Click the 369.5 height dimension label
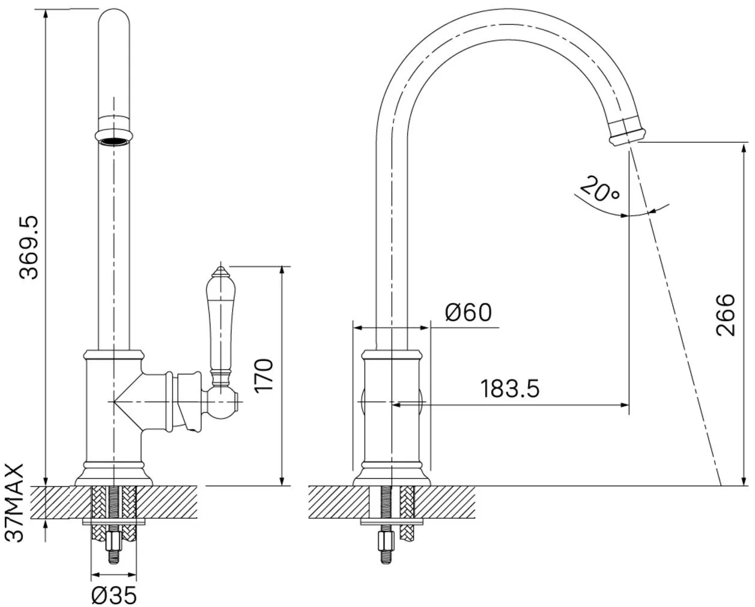pyautogui.click(x=29, y=247)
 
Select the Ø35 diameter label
pyautogui.click(x=114, y=595)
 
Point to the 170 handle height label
pyautogui.click(x=264, y=376)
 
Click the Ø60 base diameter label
pyautogui.click(x=468, y=312)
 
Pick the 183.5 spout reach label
pyautogui.click(x=510, y=388)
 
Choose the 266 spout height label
pyautogui.click(x=725, y=315)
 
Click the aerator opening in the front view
pyautogui.click(x=114, y=142)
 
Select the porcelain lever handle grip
pyautogui.click(x=220, y=324)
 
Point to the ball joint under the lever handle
pyautogui.click(x=220, y=402)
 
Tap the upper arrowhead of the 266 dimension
pyautogui.click(x=744, y=149)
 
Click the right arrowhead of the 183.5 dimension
pyautogui.click(x=624, y=405)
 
